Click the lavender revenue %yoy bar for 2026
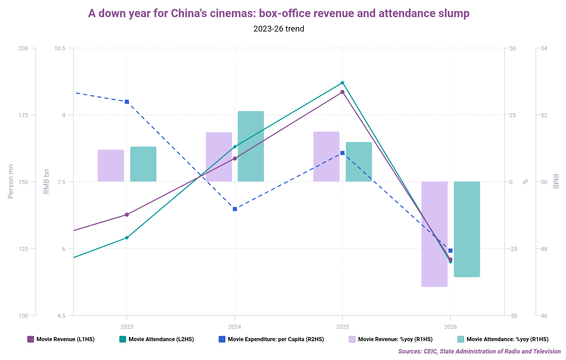click(x=434, y=234)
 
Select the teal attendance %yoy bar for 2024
click(x=251, y=146)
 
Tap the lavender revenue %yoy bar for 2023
click(x=111, y=166)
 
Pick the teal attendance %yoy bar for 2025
click(x=359, y=162)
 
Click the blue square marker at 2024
click(x=235, y=209)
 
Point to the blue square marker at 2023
click(x=127, y=102)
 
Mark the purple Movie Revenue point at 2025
click(x=342, y=92)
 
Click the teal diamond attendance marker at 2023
click(x=127, y=238)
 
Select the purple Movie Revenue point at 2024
click(x=235, y=158)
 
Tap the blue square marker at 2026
click(x=450, y=251)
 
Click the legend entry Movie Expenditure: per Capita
click(x=271, y=339)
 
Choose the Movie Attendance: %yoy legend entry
click(x=503, y=339)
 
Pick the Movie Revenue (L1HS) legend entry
click(x=61, y=339)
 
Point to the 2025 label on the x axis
click(x=342, y=327)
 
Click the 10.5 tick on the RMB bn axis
click(x=60, y=48)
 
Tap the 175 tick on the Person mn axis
click(x=23, y=115)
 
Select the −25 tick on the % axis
click(x=513, y=249)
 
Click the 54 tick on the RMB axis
click(x=544, y=48)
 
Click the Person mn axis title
click(x=11, y=181)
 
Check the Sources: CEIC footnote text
click(x=479, y=351)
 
